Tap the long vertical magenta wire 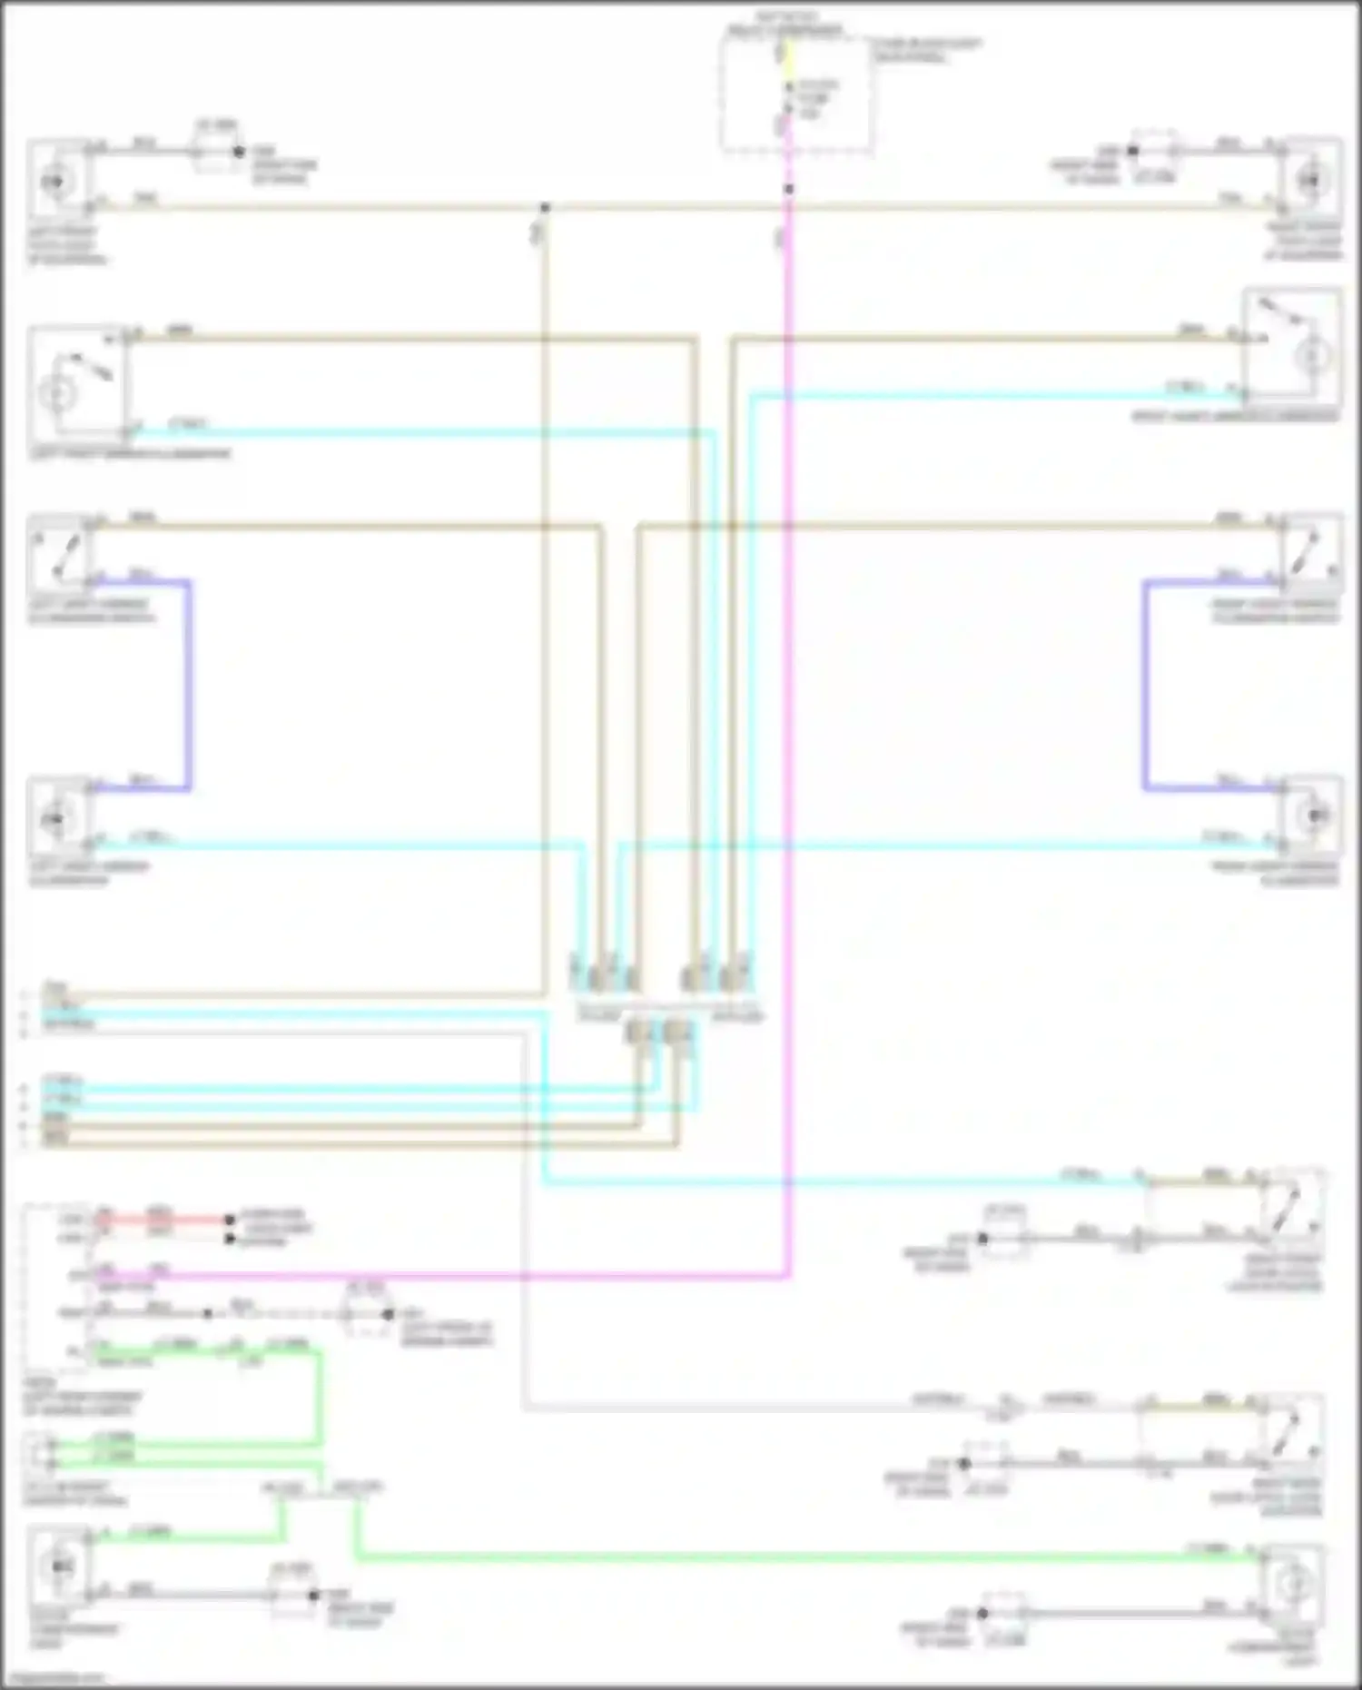[x=788, y=726]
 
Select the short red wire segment [x=163, y=1219]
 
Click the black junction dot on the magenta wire [x=789, y=189]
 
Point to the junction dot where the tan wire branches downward [x=545, y=208]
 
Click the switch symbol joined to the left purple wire [x=59, y=552]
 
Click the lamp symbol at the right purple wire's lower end [x=1311, y=815]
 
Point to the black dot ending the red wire [x=230, y=1220]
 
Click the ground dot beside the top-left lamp [x=239, y=152]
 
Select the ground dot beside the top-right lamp [x=1132, y=151]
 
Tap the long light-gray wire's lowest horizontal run [x=726, y=1408]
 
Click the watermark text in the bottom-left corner [x=54, y=1678]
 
